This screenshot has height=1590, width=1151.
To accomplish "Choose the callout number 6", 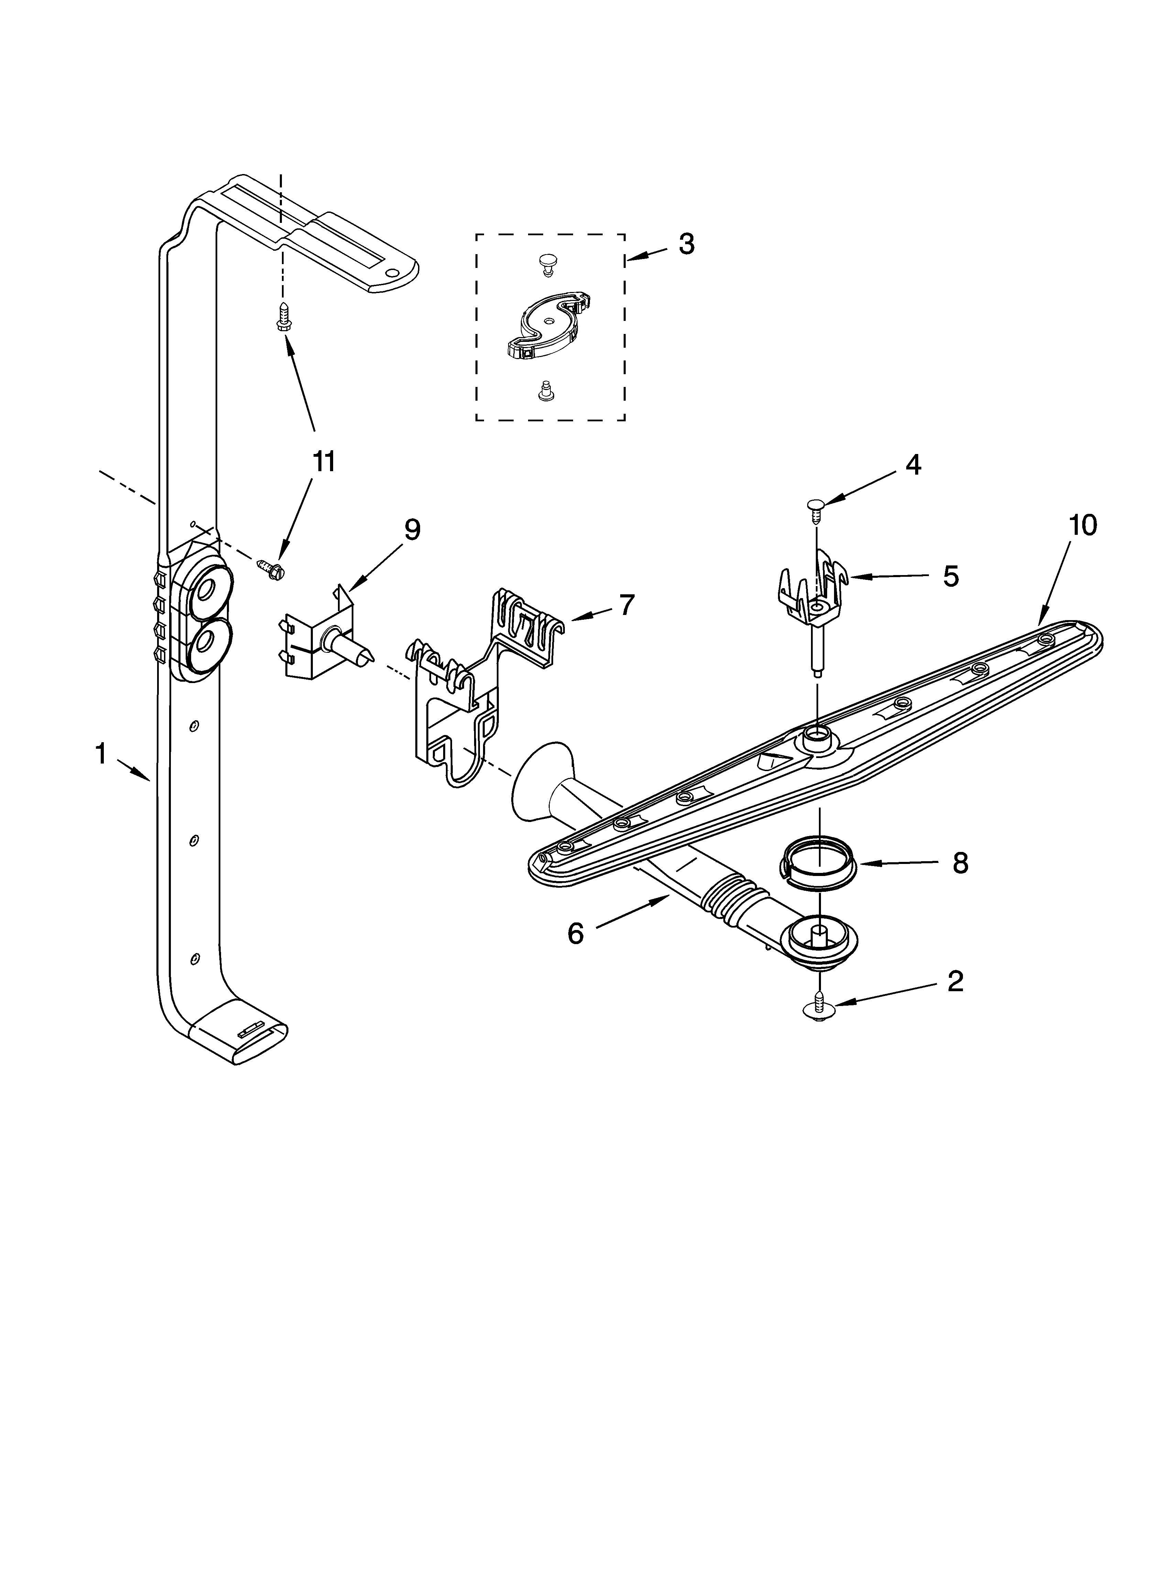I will point(575,933).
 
